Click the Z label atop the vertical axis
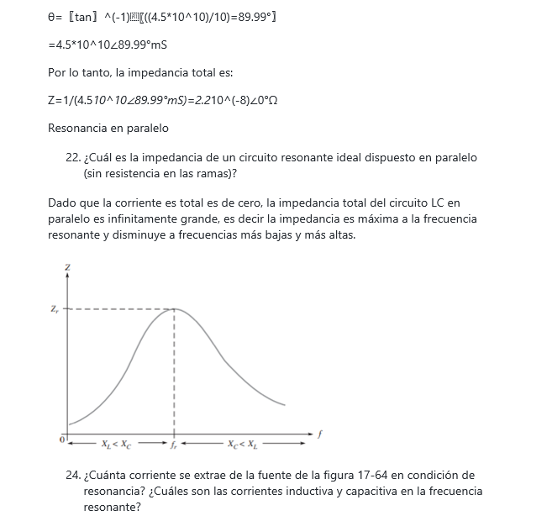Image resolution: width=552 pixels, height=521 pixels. pyautogui.click(x=67, y=266)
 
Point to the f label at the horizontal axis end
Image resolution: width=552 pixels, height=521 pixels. pyautogui.click(x=320, y=434)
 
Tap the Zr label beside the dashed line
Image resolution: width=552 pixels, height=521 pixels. pyautogui.click(x=55, y=309)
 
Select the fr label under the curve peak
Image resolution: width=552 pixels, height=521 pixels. pyautogui.click(x=173, y=444)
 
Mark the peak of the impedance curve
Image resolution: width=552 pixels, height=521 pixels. pyautogui.click(x=174, y=309)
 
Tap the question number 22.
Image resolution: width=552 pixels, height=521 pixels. pyautogui.click(x=72, y=158)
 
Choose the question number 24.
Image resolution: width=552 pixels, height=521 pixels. pyautogui.click(x=72, y=476)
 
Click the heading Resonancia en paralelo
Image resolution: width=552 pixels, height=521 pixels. pyautogui.click(x=108, y=129)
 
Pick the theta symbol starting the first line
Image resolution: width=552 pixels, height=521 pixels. pyautogui.click(x=52, y=18)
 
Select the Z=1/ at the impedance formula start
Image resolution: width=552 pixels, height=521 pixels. pyautogui.click(x=60, y=101)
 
